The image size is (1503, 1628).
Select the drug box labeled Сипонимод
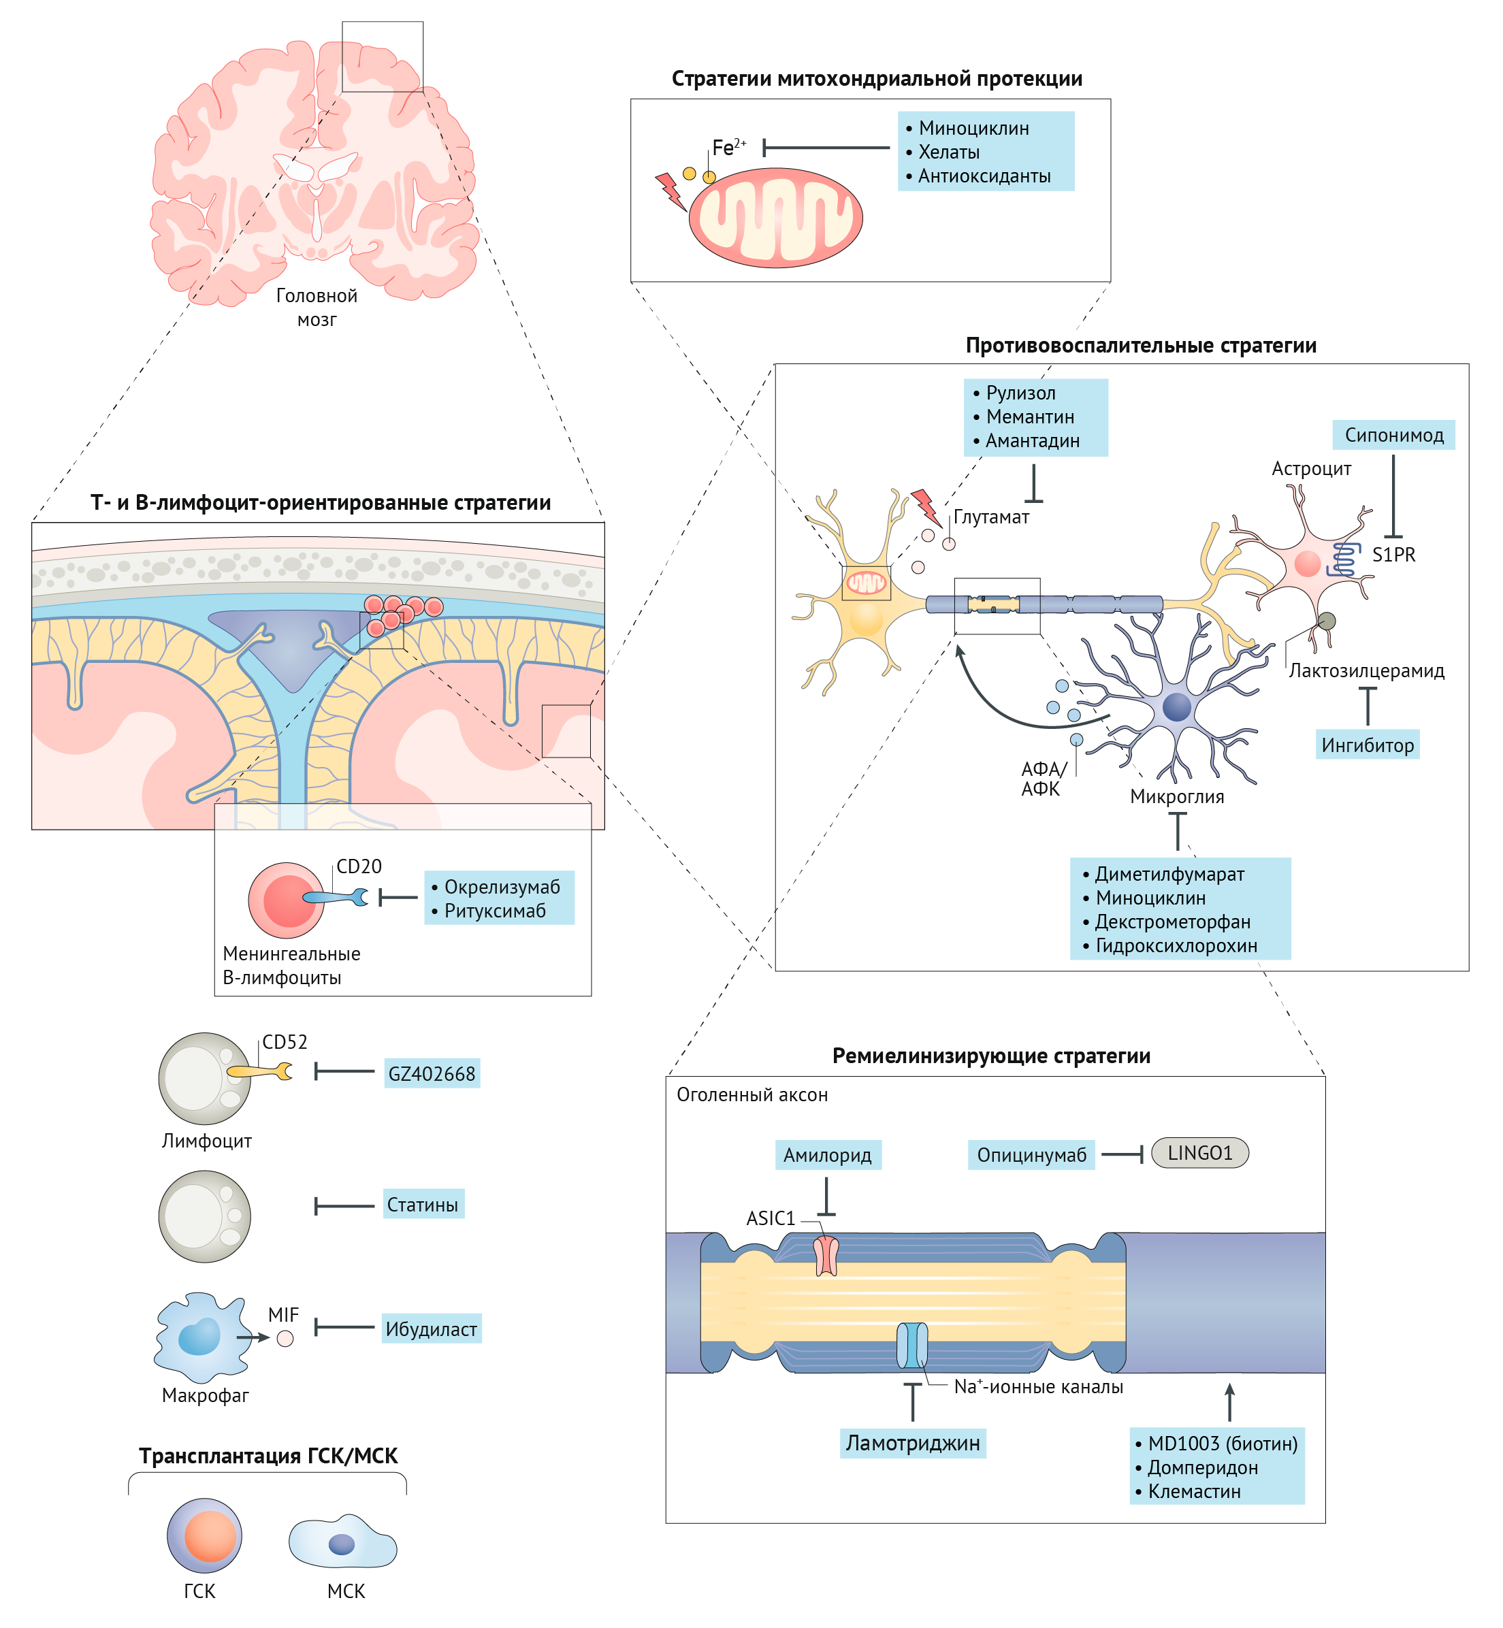click(1393, 435)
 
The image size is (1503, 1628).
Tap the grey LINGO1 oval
click(1199, 1152)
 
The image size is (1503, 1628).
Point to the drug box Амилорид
click(827, 1155)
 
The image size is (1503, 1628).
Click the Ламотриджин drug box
click(913, 1443)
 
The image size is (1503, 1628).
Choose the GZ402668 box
click(431, 1073)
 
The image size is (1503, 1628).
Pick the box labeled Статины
click(423, 1205)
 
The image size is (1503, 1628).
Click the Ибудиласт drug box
click(431, 1329)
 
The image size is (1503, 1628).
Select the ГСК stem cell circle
click(205, 1535)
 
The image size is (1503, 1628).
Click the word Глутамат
click(990, 517)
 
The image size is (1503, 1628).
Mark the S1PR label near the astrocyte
click(1393, 555)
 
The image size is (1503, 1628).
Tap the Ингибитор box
click(1367, 745)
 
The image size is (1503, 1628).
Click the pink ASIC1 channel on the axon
click(826, 1256)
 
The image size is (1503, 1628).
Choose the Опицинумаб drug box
click(1031, 1155)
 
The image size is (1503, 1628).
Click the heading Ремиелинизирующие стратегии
click(990, 1056)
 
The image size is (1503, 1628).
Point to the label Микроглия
click(1176, 796)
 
